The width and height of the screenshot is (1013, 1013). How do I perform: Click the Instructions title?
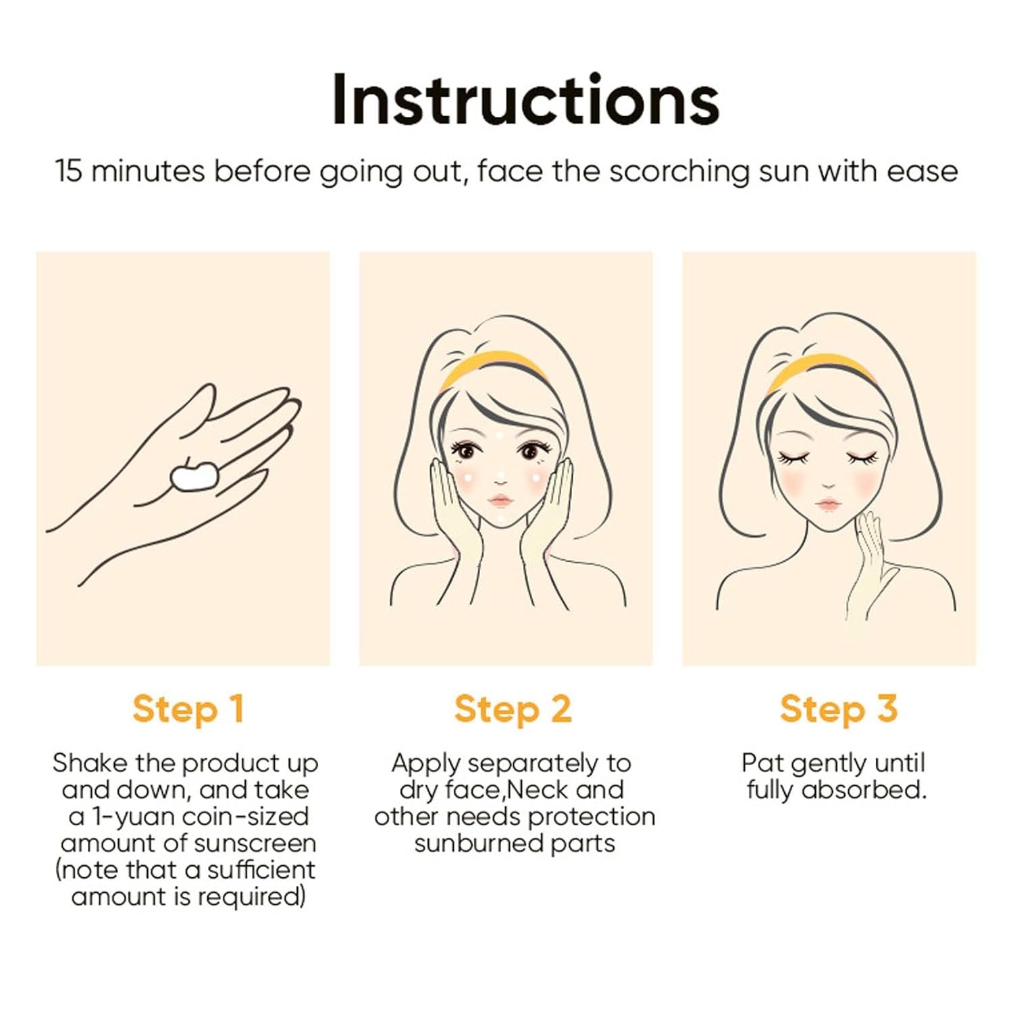(x=525, y=100)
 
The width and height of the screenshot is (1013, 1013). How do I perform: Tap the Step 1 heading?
(x=188, y=709)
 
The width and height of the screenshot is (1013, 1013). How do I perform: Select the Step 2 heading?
(x=513, y=709)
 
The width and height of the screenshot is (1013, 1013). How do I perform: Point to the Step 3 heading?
(x=839, y=709)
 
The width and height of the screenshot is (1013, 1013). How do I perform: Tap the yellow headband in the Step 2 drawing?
(x=493, y=369)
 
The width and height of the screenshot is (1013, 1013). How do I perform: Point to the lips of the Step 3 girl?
(x=828, y=505)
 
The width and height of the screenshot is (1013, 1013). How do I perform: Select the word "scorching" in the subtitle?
(x=679, y=172)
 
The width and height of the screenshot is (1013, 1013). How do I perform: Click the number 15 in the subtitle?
(x=68, y=171)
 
